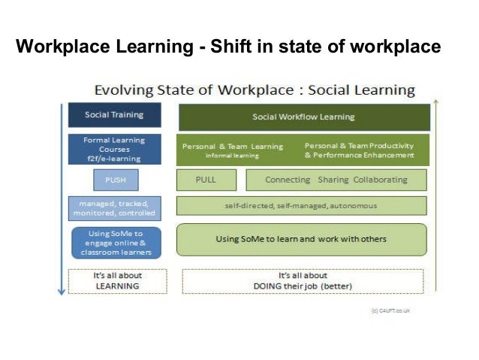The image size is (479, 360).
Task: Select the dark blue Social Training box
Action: pyautogui.click(x=114, y=116)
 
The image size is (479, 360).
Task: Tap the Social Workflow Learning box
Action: pyautogui.click(x=303, y=117)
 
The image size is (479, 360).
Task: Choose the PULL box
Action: pyautogui.click(x=206, y=180)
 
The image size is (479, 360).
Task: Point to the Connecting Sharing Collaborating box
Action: pyautogui.click(x=336, y=180)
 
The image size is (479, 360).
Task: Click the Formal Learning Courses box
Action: pyautogui.click(x=114, y=149)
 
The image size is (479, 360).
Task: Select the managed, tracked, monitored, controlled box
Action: pyautogui.click(x=114, y=207)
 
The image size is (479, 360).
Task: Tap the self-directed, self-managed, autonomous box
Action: pyautogui.click(x=302, y=206)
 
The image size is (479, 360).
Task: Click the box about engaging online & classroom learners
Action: pyautogui.click(x=114, y=242)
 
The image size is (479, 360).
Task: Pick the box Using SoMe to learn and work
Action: pyautogui.click(x=302, y=239)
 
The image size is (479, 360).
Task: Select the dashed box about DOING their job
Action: pyautogui.click(x=304, y=281)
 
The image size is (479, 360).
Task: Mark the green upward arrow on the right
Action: pyautogui.click(x=435, y=195)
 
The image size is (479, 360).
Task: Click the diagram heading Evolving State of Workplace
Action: pyautogui.click(x=254, y=91)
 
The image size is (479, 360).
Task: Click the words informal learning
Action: pyautogui.click(x=232, y=156)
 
